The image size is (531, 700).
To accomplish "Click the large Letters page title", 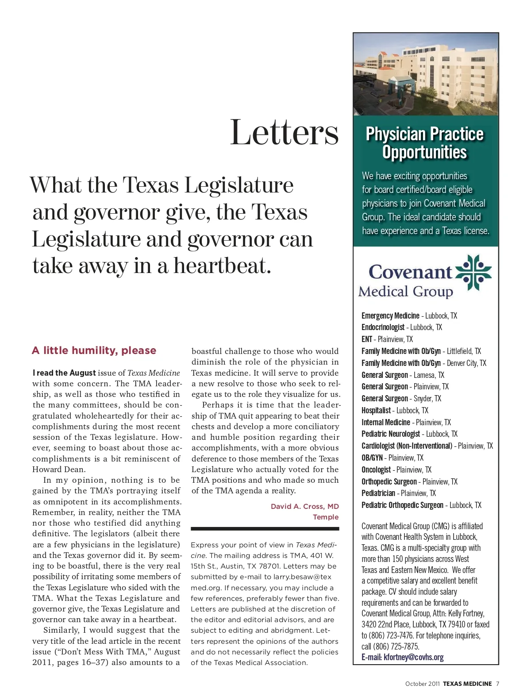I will pyautogui.click(x=284, y=132).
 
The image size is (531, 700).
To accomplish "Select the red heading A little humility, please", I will pyautogui.click(x=94, y=350).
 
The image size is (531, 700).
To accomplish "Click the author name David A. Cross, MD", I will pyautogui.click(x=304, y=506).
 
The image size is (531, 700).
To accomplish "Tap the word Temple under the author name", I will pyautogui.click(x=326, y=517).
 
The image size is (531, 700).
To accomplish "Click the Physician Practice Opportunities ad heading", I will pyautogui.click(x=425, y=142).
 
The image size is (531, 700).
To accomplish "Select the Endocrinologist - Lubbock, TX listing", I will pyautogui.click(x=401, y=327).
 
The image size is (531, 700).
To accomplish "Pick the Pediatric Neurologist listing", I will pyautogui.click(x=409, y=434).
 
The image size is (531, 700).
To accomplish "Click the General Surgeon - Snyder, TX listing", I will pyautogui.click(x=401, y=399).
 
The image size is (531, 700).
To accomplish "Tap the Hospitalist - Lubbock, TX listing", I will pyautogui.click(x=395, y=411).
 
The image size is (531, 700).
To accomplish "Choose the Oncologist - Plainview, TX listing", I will pyautogui.click(x=396, y=470).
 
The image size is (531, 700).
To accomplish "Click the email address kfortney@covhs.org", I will pyautogui.click(x=413, y=657).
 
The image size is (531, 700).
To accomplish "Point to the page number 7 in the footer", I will pyautogui.click(x=497, y=684).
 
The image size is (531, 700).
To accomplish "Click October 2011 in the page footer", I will pyautogui.click(x=422, y=684).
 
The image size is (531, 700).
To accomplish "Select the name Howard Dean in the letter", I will pyautogui.click(x=59, y=469).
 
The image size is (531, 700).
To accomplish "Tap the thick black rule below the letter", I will pyautogui.click(x=265, y=528).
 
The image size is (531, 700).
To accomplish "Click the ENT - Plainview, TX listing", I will pyautogui.click(x=387, y=339).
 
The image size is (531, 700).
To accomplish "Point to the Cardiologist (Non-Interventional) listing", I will pyautogui.click(x=427, y=446).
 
